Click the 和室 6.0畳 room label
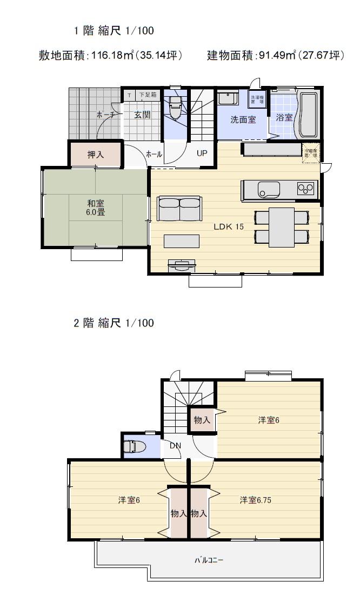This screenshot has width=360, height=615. pyautogui.click(x=96, y=208)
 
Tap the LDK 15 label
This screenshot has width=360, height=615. pyautogui.click(x=229, y=226)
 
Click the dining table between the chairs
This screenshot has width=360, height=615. pyautogui.click(x=282, y=226)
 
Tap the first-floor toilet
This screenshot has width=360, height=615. pyautogui.click(x=175, y=110)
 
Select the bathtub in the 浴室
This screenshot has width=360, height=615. pyautogui.click(x=308, y=115)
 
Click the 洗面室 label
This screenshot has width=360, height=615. pyautogui.click(x=243, y=119)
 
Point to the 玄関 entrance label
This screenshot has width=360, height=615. pyautogui.click(x=142, y=115)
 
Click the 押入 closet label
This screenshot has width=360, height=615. pyautogui.click(x=96, y=155)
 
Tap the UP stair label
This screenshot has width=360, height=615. pyautogui.click(x=202, y=153)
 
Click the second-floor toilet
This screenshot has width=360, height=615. pyautogui.click(x=134, y=447)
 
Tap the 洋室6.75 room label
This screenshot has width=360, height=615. pyautogui.click(x=256, y=500)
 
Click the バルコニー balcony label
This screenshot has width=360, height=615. pyautogui.click(x=209, y=560)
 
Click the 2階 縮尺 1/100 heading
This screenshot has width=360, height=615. pyautogui.click(x=114, y=323)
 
